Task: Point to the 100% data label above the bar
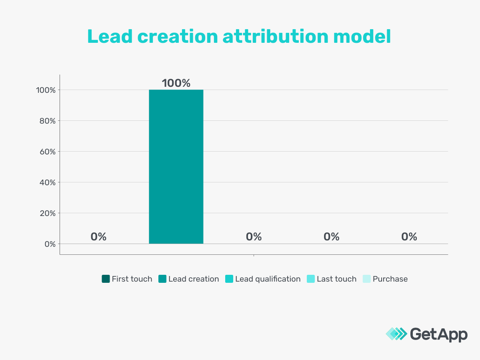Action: (176, 83)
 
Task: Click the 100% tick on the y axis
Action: (45, 90)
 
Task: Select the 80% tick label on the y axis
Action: (46, 121)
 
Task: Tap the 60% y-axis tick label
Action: (46, 152)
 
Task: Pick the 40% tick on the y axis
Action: (46, 182)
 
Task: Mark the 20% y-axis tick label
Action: (46, 213)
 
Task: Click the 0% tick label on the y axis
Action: (49, 244)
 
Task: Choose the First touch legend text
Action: (132, 279)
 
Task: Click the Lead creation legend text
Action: (194, 279)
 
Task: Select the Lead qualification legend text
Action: (268, 279)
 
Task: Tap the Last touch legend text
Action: (336, 279)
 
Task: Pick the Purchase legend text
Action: (390, 279)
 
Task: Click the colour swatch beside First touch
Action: (106, 279)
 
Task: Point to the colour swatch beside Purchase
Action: (366, 279)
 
